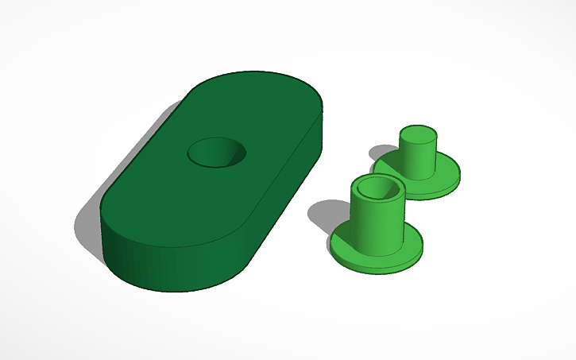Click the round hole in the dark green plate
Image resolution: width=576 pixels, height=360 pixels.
point(216,152)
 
